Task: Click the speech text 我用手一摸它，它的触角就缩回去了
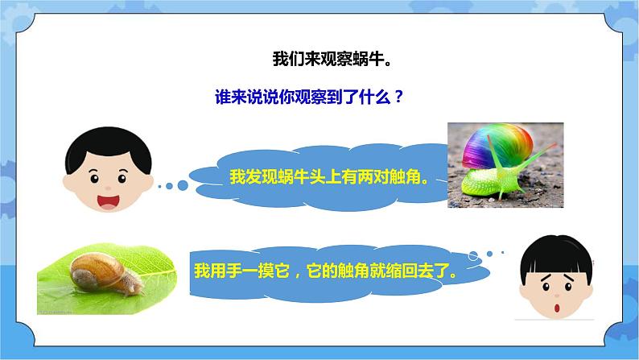(x=330, y=271)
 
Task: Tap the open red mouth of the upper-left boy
(x=106, y=197)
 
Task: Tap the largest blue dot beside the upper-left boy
(x=182, y=185)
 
